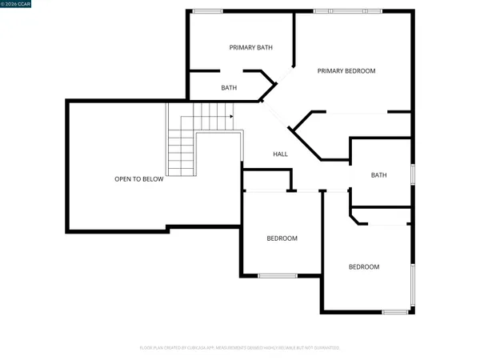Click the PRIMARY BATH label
[250, 48]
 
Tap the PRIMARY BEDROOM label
[346, 71]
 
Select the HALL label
[280, 154]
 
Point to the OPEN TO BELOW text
[138, 179]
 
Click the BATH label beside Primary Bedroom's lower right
[378, 175]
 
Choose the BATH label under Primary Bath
[229, 88]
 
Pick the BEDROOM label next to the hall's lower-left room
[282, 238]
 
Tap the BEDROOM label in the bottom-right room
[363, 266]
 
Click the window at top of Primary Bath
[207, 10]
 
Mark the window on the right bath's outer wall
[413, 174]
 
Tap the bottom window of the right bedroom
[395, 311]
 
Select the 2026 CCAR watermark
[16, 6]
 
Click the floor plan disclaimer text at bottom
[240, 348]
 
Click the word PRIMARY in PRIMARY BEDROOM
[330, 71]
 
